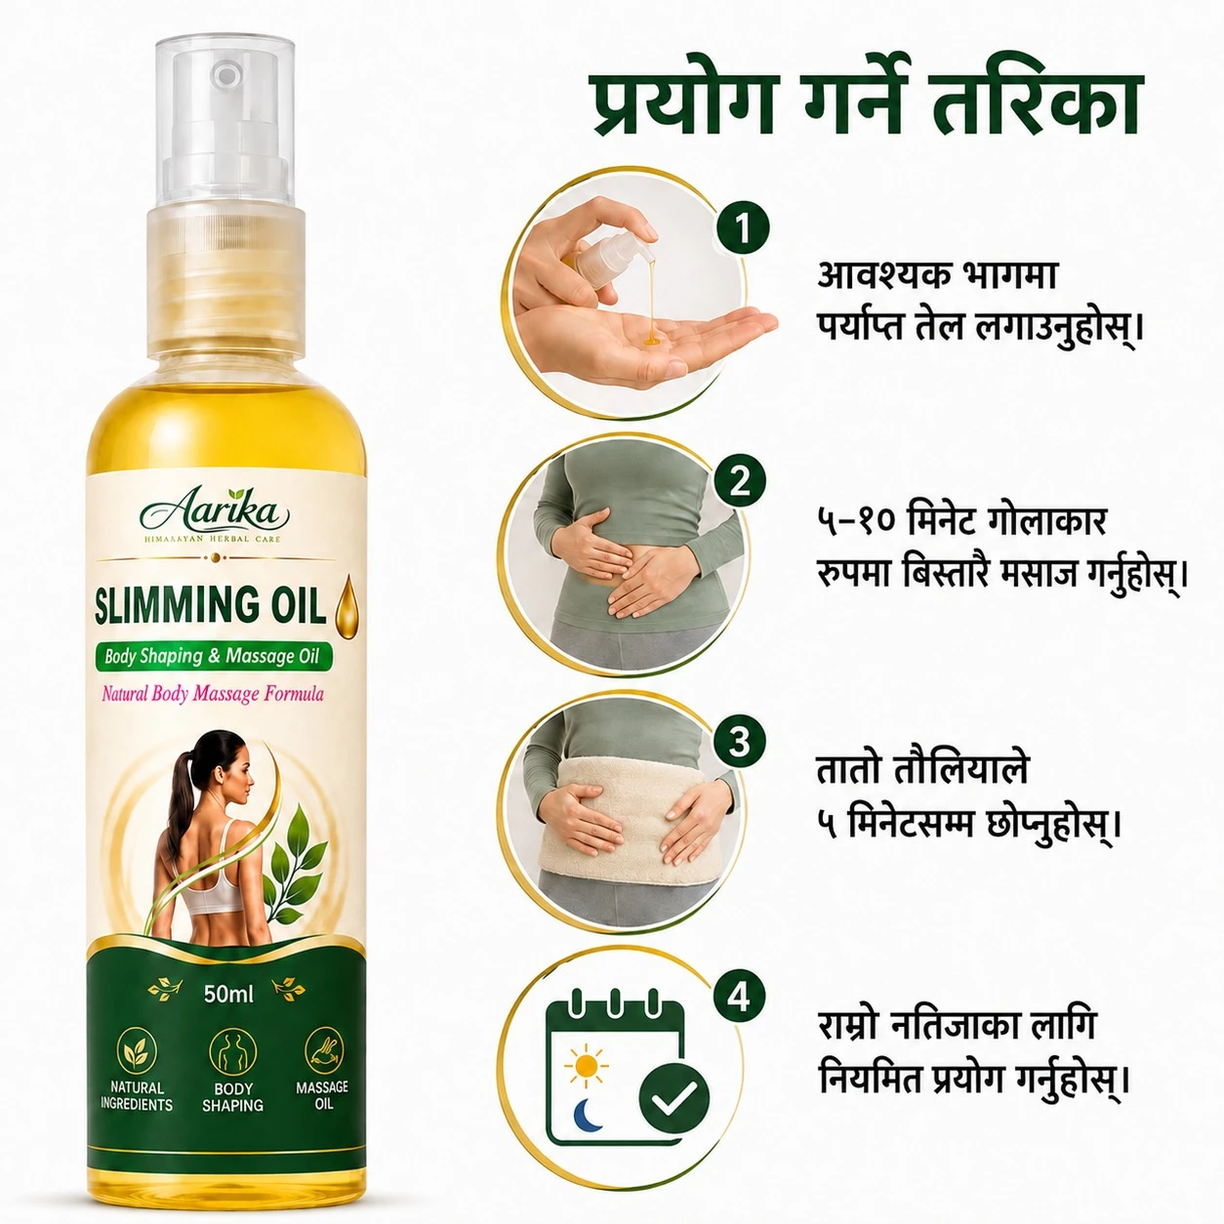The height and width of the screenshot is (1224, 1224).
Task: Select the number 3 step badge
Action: [739, 741]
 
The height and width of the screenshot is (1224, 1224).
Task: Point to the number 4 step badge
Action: [738, 998]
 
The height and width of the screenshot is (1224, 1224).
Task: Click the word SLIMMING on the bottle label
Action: [165, 606]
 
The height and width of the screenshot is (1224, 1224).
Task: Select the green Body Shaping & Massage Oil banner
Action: [214, 656]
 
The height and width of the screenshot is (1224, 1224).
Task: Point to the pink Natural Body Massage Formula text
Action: [213, 694]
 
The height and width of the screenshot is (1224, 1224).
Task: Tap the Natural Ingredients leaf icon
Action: [137, 1051]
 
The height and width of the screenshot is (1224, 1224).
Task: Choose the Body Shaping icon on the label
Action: [233, 1052]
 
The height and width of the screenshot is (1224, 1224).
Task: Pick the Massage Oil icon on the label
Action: [324, 1050]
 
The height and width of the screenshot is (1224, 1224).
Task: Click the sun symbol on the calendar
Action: [586, 1065]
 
